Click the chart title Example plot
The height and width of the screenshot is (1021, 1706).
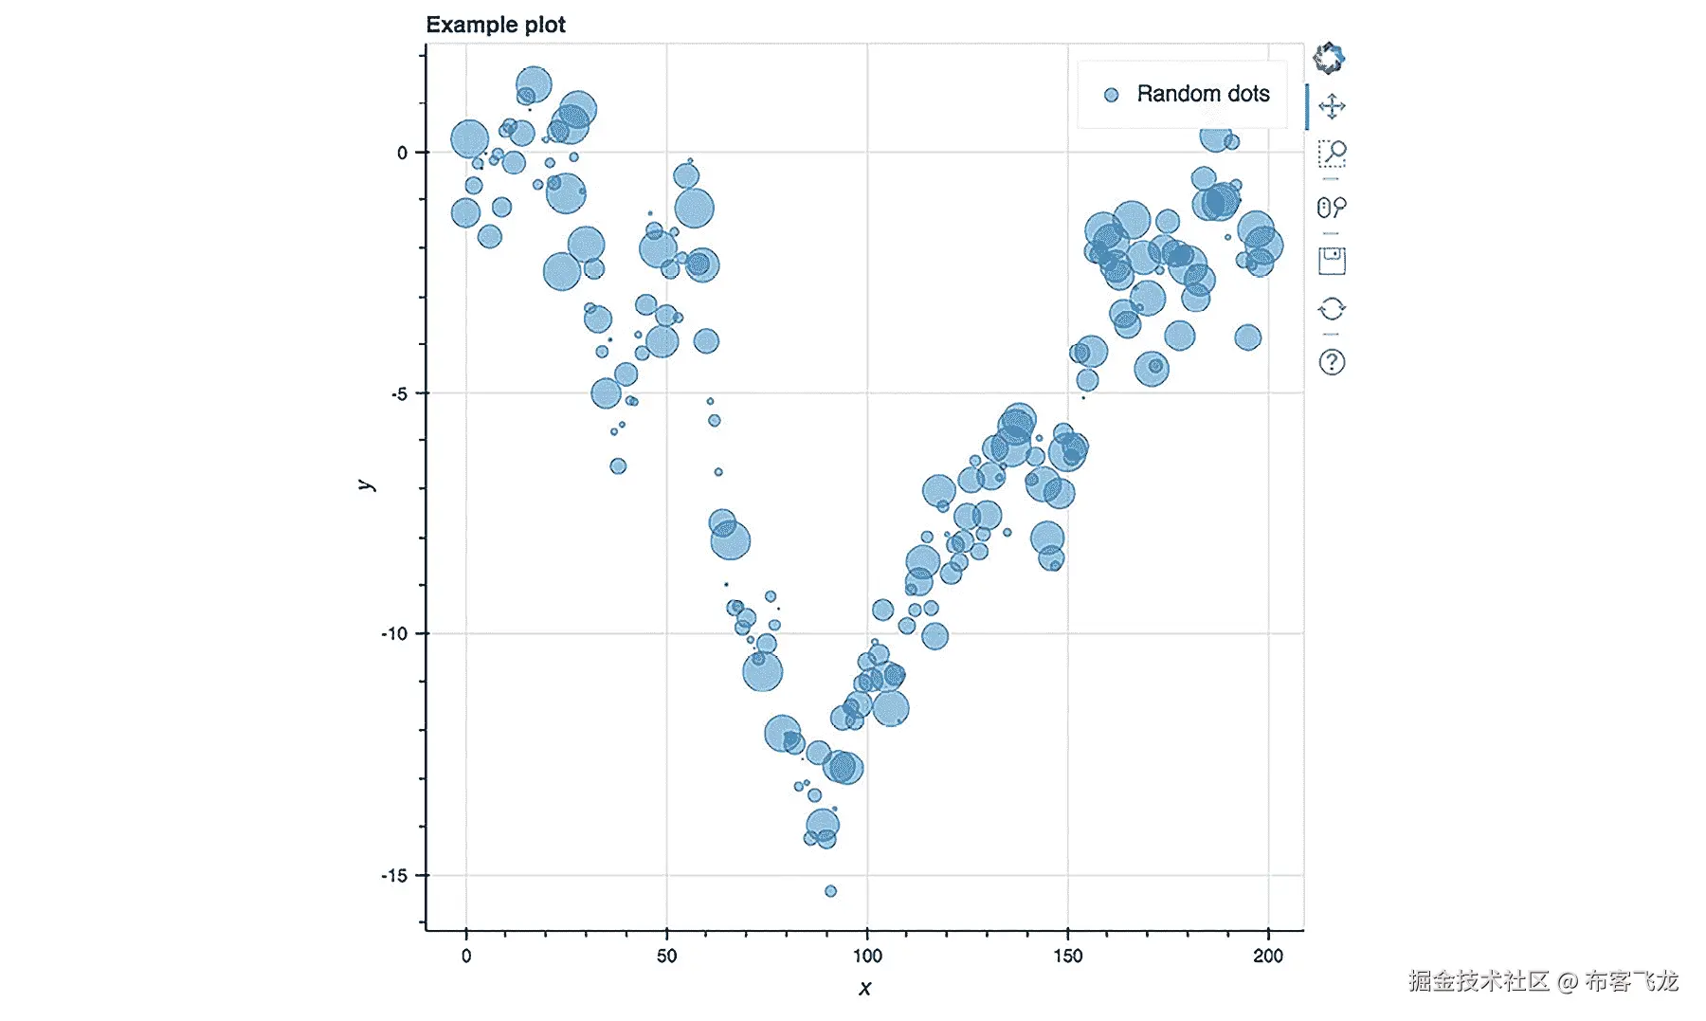[495, 25]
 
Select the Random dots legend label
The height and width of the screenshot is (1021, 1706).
[1203, 94]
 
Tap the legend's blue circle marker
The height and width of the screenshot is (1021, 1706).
[1112, 95]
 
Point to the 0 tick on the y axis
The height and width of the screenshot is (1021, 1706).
[403, 153]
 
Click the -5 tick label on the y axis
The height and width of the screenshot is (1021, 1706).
[399, 393]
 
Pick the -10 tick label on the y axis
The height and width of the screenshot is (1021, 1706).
[395, 633]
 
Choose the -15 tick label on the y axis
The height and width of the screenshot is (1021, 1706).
[395, 875]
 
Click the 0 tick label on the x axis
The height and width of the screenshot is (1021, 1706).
[466, 956]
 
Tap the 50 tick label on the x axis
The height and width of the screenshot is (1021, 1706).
[666, 956]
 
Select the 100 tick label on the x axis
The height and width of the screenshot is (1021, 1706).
[867, 956]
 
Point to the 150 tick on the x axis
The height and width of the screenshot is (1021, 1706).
[1068, 956]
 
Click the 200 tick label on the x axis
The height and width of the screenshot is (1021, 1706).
[1268, 956]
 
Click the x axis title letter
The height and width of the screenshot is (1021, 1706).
[864, 989]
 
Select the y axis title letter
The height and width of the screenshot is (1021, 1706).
[367, 485]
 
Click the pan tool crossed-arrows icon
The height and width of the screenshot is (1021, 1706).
[1332, 106]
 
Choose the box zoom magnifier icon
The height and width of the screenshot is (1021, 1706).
[1332, 154]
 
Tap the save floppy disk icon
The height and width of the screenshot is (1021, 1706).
[1332, 261]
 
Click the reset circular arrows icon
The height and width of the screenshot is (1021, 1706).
[1332, 309]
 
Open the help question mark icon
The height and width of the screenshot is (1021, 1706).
[1332, 362]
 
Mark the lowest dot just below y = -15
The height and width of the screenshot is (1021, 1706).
[830, 891]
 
